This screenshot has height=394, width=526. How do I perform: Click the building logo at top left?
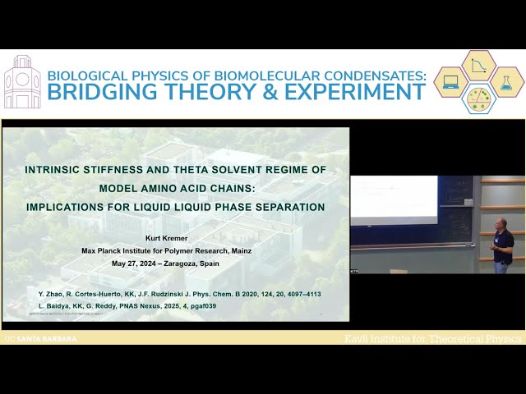[x=22, y=82]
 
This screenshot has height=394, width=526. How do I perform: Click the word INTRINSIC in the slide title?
[x=58, y=170]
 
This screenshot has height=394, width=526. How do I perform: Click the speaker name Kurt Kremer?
[x=175, y=239]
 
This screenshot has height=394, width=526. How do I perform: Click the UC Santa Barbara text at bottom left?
[x=41, y=338]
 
